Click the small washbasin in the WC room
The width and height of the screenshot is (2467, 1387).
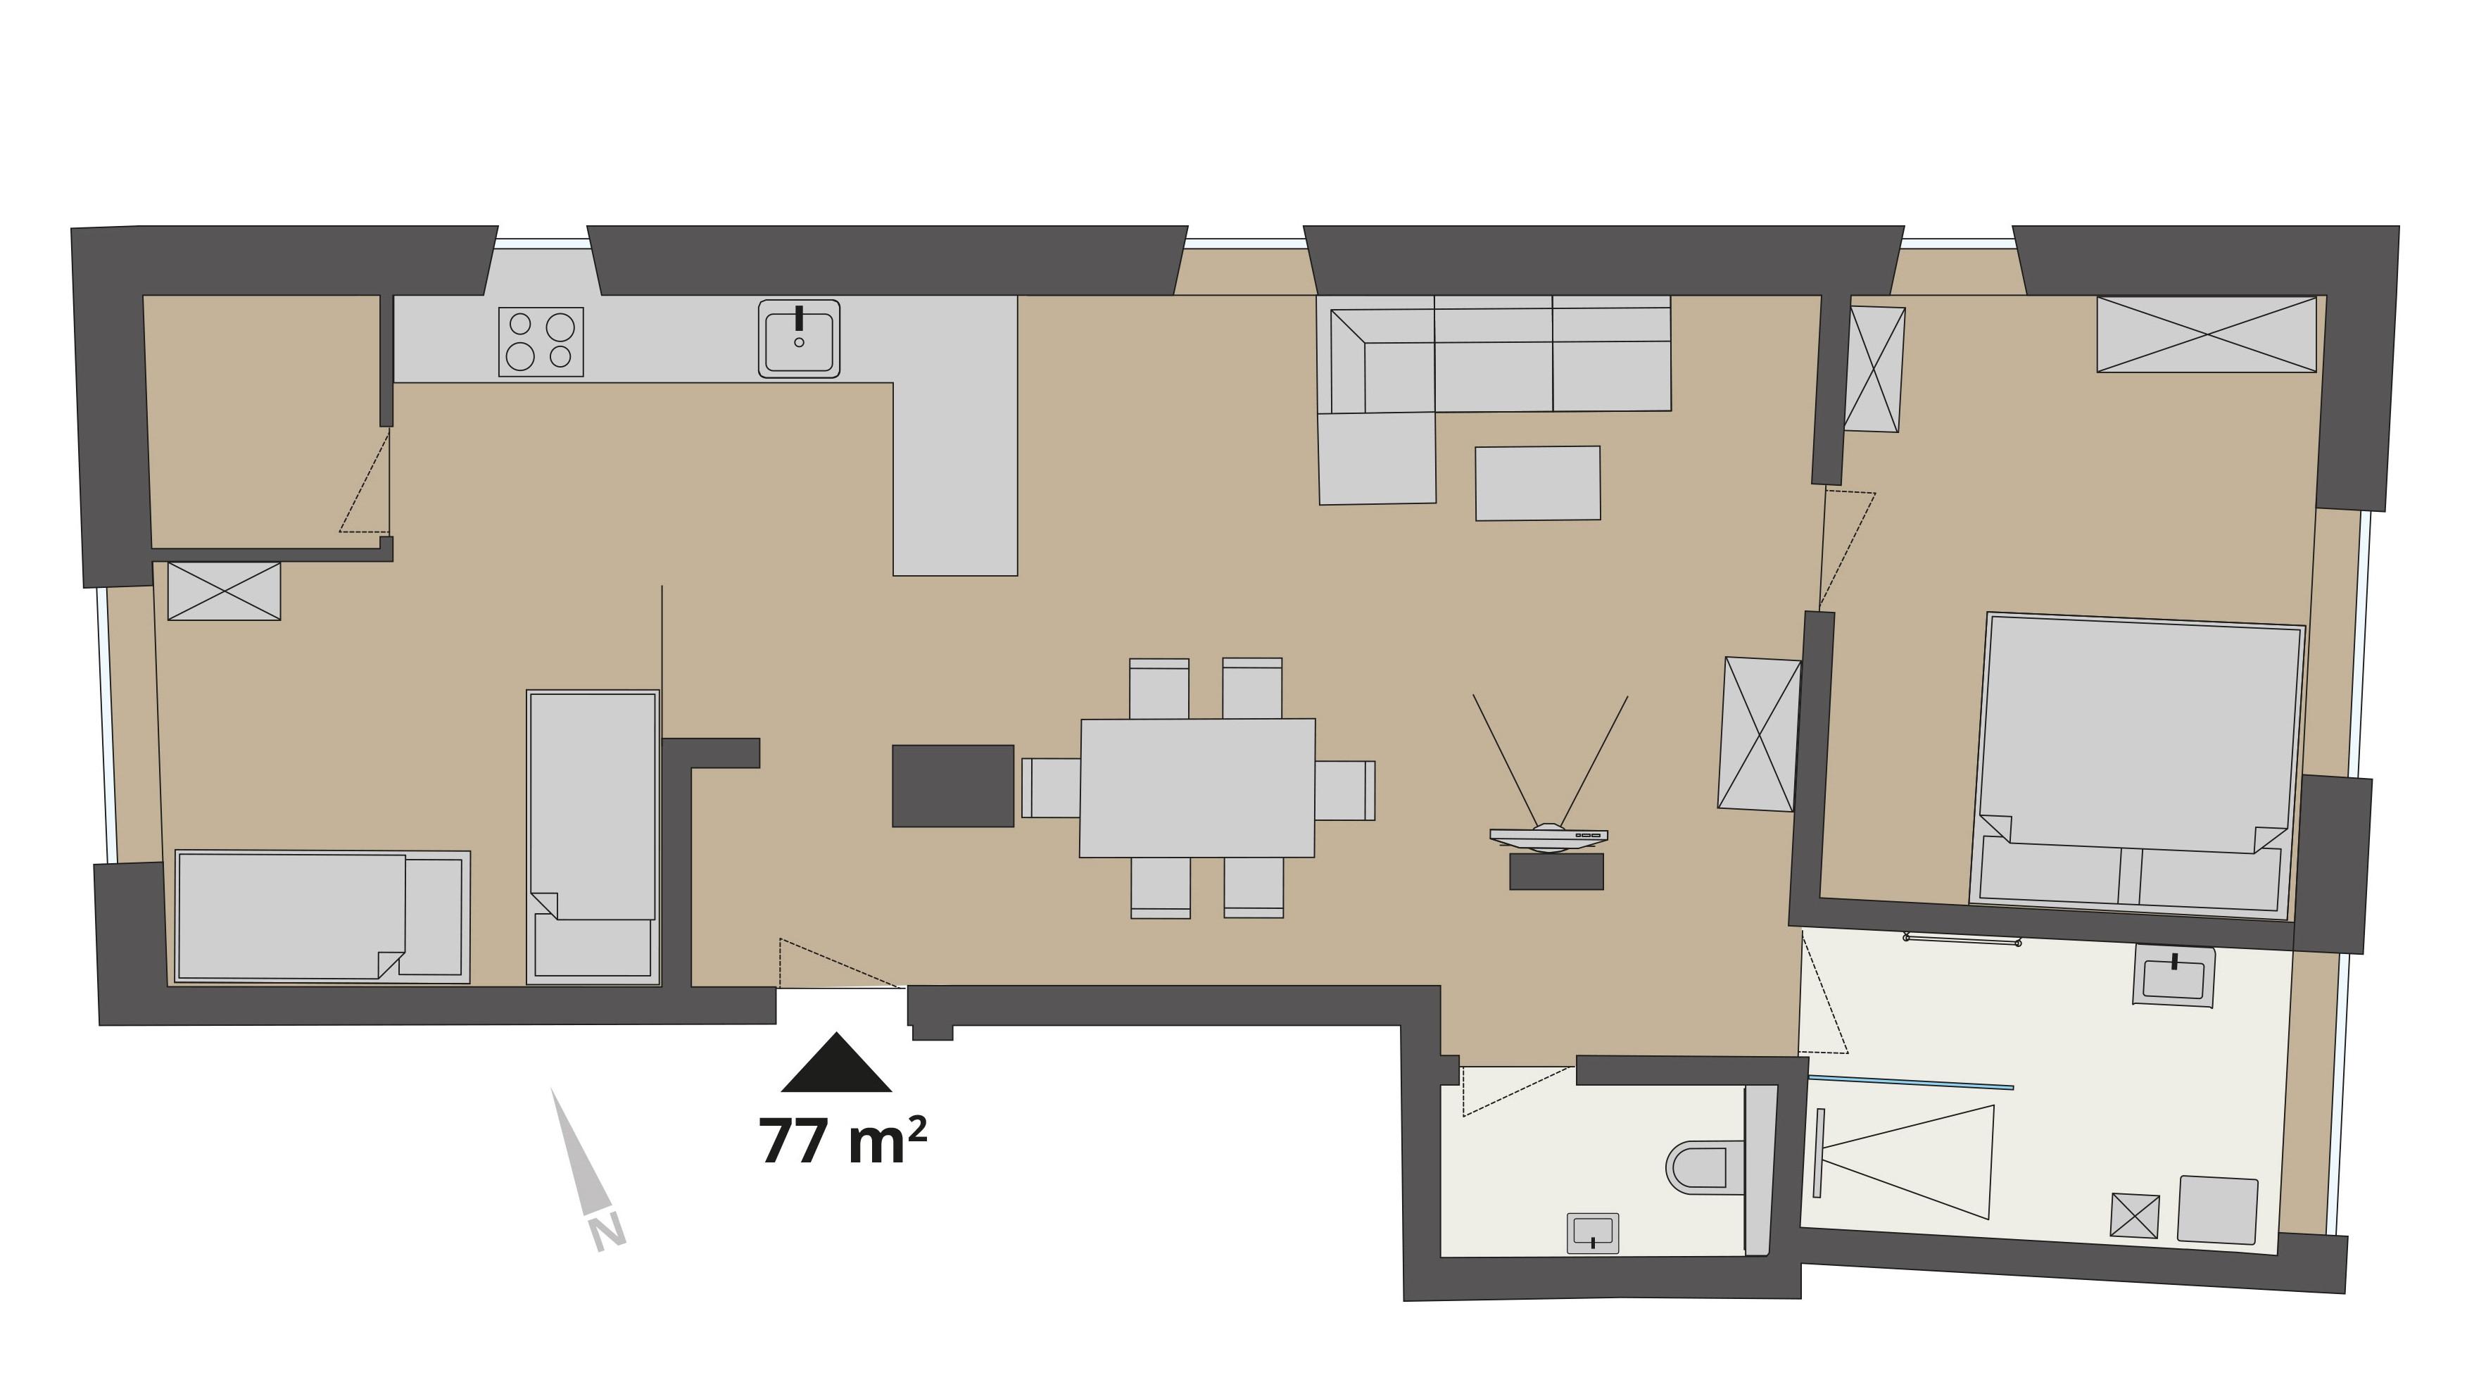pyautogui.click(x=1593, y=1233)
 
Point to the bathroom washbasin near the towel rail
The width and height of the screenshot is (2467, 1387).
pyautogui.click(x=2173, y=976)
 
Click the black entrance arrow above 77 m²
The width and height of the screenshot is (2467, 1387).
pyautogui.click(x=837, y=1062)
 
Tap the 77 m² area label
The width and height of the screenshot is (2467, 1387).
pyautogui.click(x=843, y=1140)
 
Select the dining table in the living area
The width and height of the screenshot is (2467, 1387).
pyautogui.click(x=1197, y=787)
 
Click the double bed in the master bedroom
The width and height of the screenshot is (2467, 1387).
pyautogui.click(x=2137, y=765)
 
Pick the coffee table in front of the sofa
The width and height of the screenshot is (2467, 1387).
pyautogui.click(x=1538, y=484)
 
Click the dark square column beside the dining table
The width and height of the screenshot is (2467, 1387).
pyautogui.click(x=953, y=786)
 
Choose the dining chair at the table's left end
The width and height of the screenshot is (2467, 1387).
pyautogui.click(x=1051, y=787)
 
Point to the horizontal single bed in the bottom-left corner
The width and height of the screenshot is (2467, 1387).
pyautogui.click(x=322, y=917)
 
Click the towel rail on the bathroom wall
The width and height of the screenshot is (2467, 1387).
pyautogui.click(x=1962, y=941)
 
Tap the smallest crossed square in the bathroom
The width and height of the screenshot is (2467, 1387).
pyautogui.click(x=2135, y=1215)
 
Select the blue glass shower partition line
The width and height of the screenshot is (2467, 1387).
pyautogui.click(x=1910, y=1084)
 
